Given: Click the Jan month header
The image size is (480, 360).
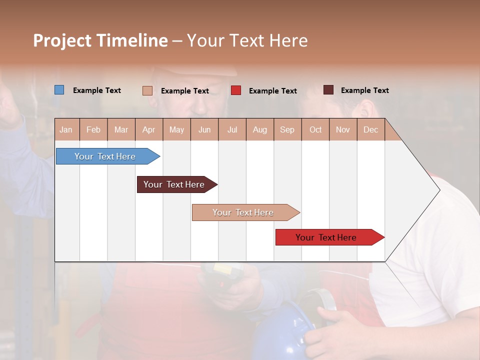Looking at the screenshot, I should [x=66, y=130].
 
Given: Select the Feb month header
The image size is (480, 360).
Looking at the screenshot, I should [x=93, y=130].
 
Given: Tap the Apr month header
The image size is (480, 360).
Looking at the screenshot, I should [x=149, y=130].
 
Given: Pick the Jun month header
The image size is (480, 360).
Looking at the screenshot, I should [x=204, y=130].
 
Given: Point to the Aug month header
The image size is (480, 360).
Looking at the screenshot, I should [x=260, y=130].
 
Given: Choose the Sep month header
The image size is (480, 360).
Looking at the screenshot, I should [x=287, y=130].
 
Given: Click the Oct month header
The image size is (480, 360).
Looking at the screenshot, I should [x=315, y=130].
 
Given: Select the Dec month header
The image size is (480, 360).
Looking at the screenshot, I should [x=371, y=130].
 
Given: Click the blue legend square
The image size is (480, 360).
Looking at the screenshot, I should [x=59, y=90].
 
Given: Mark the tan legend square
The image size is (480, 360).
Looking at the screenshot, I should [x=147, y=90].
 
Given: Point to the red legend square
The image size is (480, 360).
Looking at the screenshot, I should [x=236, y=90].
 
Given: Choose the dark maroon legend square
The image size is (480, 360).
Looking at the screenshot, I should [x=328, y=90].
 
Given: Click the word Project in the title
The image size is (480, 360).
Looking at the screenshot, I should [x=62, y=41].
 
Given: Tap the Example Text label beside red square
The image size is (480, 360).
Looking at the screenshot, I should [x=273, y=91].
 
